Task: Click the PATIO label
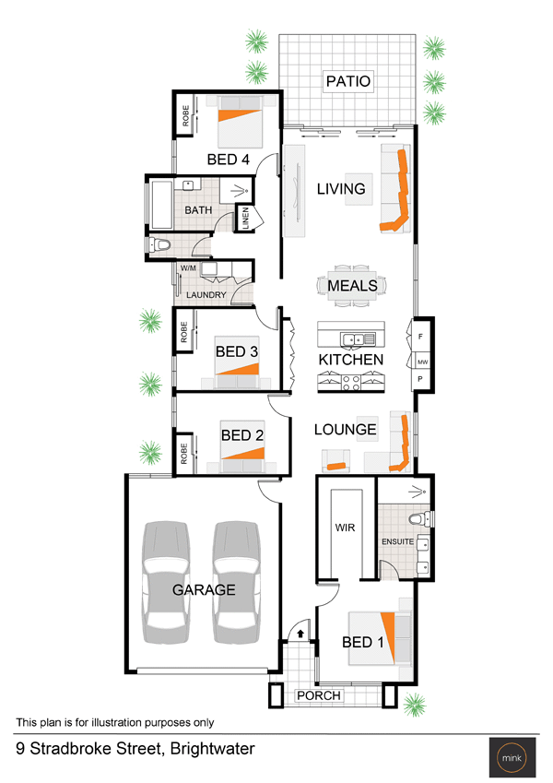(x=347, y=81)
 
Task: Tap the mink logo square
(x=512, y=757)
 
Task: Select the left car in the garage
(x=166, y=582)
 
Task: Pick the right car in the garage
(x=237, y=582)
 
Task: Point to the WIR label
(x=345, y=528)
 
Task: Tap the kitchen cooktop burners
(x=351, y=383)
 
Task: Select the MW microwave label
(x=423, y=362)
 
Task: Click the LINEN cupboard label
(x=245, y=219)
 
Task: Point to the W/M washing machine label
(x=188, y=268)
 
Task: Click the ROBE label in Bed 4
(x=185, y=115)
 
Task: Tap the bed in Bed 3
(x=237, y=362)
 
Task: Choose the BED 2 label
(x=242, y=435)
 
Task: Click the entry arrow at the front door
(x=300, y=634)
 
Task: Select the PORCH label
(x=318, y=695)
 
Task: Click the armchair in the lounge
(x=335, y=461)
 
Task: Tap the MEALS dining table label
(x=352, y=286)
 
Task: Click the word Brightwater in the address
(x=212, y=749)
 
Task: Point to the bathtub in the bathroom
(x=161, y=206)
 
